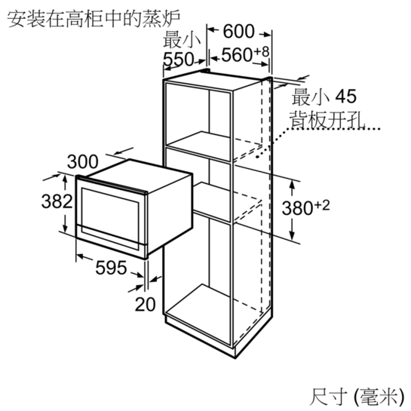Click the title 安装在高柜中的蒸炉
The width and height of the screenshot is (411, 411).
(94, 19)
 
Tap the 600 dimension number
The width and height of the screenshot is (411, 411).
(238, 32)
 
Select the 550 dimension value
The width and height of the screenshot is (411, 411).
(178, 59)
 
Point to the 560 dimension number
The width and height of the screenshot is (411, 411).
(237, 55)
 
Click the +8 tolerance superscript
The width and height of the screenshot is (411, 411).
(262, 51)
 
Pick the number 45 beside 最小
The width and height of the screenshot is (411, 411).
(346, 97)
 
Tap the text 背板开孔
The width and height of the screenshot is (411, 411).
(327, 119)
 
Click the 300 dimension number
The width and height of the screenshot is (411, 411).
(82, 161)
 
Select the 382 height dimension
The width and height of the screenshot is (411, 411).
(57, 201)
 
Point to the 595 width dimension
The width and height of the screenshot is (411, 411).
(111, 268)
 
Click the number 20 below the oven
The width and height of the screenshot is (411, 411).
(145, 305)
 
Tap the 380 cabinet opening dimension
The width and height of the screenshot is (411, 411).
(297, 208)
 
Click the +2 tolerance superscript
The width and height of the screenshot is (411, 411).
(321, 205)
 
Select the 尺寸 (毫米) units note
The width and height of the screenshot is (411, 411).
(357, 397)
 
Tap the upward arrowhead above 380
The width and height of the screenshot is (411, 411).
(293, 184)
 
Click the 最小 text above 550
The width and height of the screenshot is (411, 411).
(182, 40)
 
